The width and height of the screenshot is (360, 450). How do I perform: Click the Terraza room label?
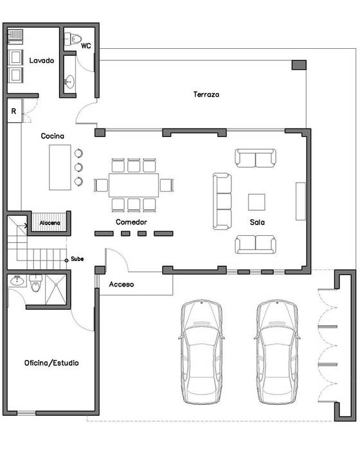pos(206,94)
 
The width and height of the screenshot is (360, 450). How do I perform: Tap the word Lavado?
pos(42,60)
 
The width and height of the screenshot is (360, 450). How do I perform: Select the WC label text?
pos(85,46)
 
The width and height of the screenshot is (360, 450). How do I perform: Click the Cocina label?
pos(52,136)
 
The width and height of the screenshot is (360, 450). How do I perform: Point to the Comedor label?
pos(131,222)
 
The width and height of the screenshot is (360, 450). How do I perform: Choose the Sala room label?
pos(258,222)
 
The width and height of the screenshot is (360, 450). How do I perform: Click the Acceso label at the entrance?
pos(122,283)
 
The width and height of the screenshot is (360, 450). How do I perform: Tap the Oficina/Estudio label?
pos(52,363)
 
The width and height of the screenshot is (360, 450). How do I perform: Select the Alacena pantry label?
pos(50,222)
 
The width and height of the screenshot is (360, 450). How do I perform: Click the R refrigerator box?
pos(14,112)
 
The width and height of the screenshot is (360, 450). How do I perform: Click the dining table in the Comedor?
pos(134,185)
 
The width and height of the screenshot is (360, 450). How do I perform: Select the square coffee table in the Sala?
pos(257,203)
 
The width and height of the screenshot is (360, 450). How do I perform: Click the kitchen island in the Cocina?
pos(60,167)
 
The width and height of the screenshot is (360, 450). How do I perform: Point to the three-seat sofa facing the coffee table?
pos(222,201)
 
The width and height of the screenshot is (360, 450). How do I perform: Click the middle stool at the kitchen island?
pos(78,167)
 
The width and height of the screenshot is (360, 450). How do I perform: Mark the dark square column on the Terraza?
pos(298,65)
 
